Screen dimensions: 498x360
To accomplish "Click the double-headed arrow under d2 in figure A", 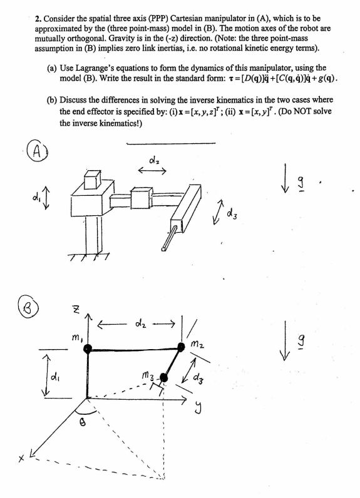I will (153, 175).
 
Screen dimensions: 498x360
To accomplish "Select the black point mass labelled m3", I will (165, 377).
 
